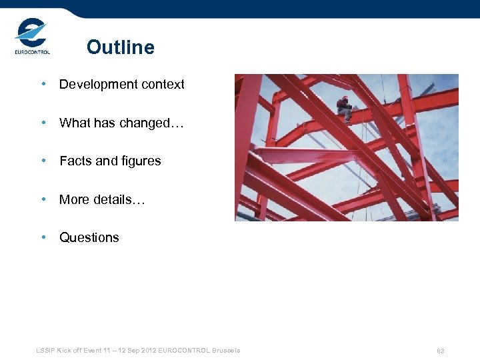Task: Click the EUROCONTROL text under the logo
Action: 32,52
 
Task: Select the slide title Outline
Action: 120,47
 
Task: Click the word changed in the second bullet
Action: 149,123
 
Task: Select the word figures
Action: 139,161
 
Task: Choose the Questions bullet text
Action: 89,237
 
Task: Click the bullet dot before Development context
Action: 43,85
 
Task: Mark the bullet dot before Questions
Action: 43,237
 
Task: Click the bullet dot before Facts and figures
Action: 43,161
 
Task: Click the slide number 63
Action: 441,351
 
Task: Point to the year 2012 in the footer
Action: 149,350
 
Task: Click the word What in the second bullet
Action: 73,123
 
